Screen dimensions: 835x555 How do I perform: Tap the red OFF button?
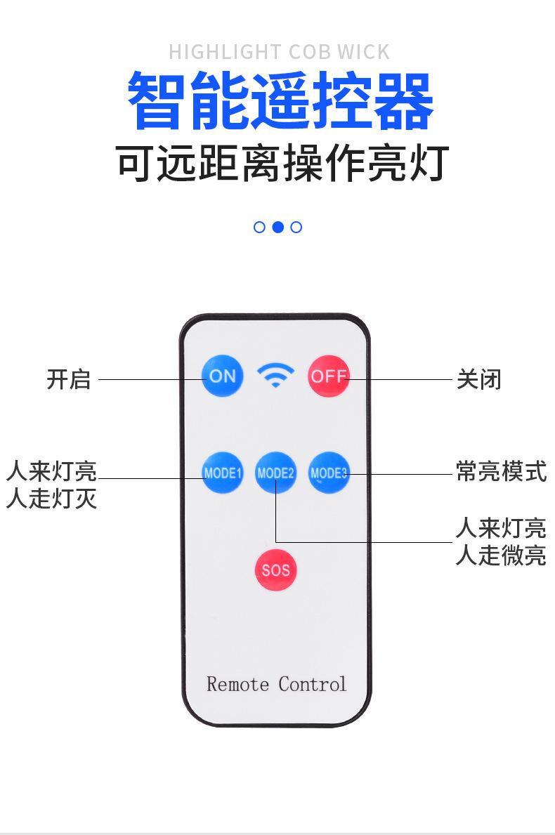click(329, 376)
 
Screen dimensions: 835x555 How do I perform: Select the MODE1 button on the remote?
click(222, 473)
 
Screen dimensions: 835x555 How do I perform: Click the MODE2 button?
click(275, 473)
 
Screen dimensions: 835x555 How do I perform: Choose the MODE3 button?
click(329, 473)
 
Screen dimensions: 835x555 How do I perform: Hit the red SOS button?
click(275, 570)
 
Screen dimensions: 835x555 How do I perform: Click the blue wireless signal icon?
click(275, 375)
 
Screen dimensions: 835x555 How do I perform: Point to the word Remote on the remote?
click(237, 684)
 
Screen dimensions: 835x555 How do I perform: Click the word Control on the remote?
click(313, 684)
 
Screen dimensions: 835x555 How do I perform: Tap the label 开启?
click(69, 379)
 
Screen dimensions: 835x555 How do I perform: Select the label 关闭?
click(479, 379)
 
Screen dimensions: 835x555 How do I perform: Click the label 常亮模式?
click(501, 471)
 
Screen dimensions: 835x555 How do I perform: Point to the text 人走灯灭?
click(51, 499)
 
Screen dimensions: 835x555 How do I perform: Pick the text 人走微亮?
click(501, 555)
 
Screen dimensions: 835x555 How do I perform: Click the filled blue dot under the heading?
click(277, 227)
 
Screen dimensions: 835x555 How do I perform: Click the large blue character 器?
click(401, 102)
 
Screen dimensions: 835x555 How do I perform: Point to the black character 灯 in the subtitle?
click(428, 163)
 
